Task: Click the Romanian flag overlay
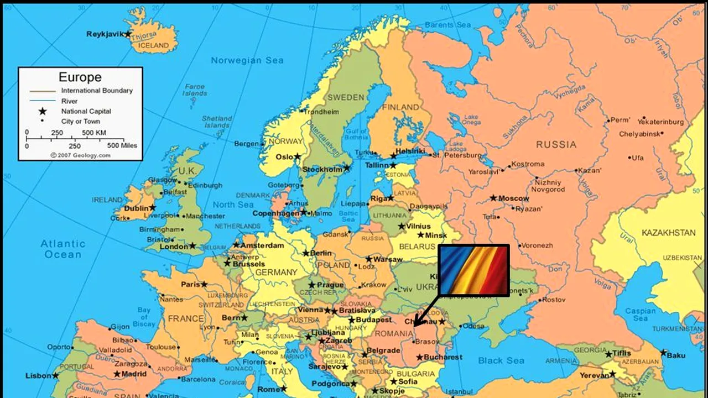pos(473,271)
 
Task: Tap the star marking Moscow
pos(493,198)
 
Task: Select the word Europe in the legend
pos(80,77)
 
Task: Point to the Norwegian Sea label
pos(247,60)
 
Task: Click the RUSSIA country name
pos(556,145)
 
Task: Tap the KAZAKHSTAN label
pos(668,233)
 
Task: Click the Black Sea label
pos(501,360)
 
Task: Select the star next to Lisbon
pos(55,375)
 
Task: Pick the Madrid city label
pos(134,374)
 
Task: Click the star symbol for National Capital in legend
pos(43,111)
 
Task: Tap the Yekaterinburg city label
pos(660,122)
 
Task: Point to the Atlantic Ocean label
pos(63,249)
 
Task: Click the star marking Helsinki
pos(393,156)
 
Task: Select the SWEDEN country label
pos(346,97)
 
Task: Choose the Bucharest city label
pos(442,357)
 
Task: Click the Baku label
pos(676,355)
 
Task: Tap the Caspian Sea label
pos(640,314)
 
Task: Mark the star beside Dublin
pos(153,208)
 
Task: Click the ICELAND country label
pos(153,45)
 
